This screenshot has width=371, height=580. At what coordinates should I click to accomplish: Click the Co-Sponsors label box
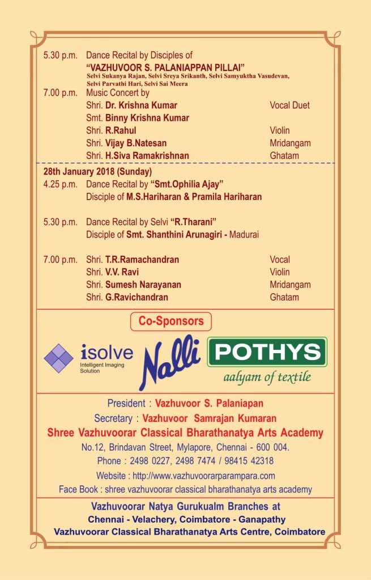pos(171,321)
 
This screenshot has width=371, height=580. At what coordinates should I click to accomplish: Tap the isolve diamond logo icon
pos(59,358)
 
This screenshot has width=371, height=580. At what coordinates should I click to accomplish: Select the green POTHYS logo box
pos(267,352)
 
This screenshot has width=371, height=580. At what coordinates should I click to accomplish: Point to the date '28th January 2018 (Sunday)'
pos(98,171)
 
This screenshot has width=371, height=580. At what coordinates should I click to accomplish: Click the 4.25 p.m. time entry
pos(60,184)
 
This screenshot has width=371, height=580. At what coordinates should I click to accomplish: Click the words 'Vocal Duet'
pos(289,105)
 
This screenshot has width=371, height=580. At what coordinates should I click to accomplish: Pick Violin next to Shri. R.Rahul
pos(282,130)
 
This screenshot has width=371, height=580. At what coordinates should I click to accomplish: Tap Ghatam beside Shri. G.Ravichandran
pos(284,297)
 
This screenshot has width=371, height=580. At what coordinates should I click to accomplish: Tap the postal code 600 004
pos(270,447)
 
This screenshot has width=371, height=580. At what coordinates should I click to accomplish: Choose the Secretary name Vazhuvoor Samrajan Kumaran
pos(210,418)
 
